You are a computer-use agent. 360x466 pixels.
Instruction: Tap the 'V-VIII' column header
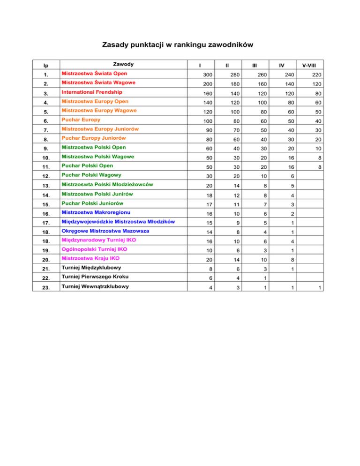pyautogui.click(x=308, y=65)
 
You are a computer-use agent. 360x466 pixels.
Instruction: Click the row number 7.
pyautogui.click(x=45, y=129)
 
